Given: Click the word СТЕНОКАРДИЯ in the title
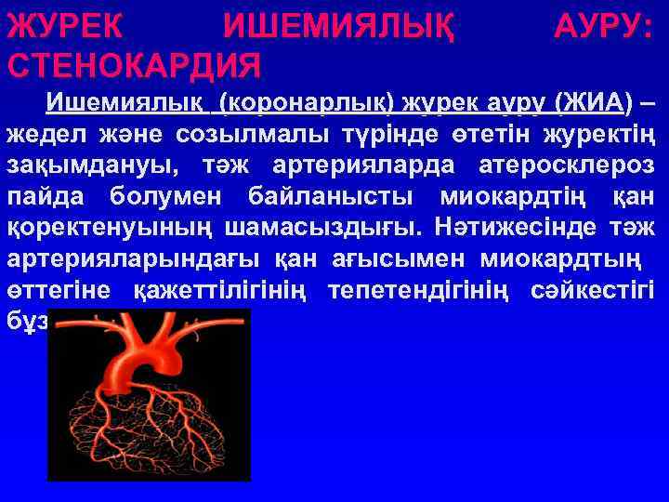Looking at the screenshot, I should (134, 66).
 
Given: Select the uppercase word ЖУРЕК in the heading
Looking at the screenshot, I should (63, 28).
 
